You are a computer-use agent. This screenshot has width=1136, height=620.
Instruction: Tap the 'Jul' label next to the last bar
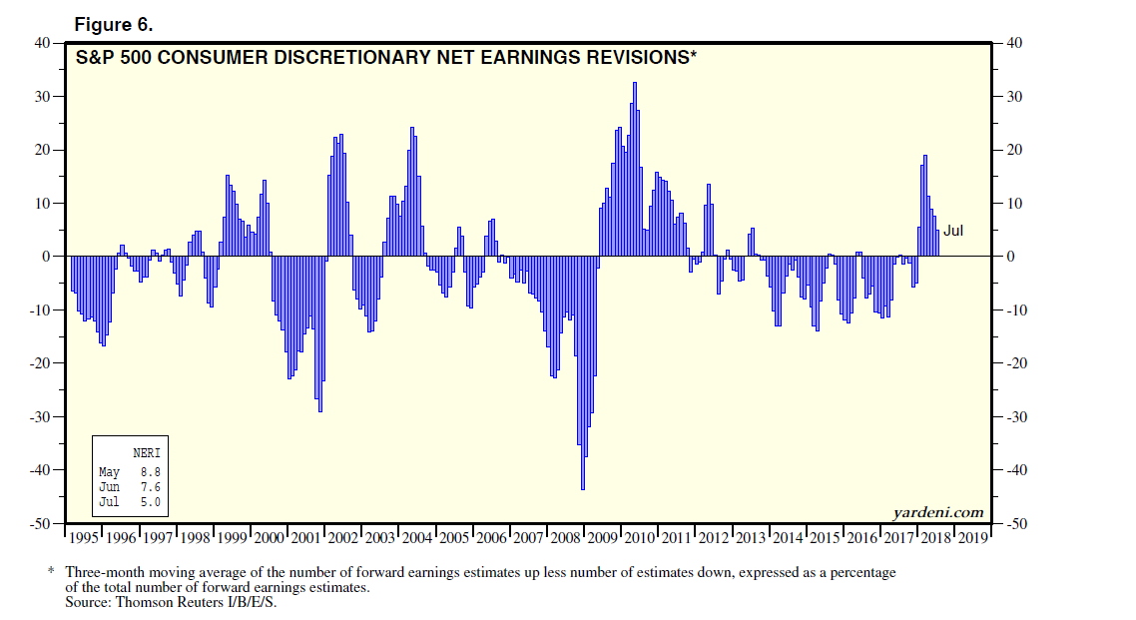point(953,231)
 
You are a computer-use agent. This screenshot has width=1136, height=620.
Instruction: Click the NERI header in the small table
point(146,453)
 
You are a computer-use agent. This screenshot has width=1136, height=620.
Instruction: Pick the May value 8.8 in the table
point(151,471)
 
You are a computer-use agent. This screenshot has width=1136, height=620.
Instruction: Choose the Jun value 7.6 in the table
point(151,486)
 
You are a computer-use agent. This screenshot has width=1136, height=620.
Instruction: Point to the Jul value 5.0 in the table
point(151,501)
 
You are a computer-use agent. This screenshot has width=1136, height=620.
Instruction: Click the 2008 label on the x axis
point(565,537)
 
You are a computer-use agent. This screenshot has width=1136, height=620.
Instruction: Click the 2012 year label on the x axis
point(713,537)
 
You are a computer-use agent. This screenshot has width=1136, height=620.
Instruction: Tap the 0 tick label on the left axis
point(46,257)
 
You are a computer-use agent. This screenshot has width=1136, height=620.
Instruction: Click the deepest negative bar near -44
point(583,459)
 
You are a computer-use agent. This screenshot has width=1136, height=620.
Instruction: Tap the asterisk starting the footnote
point(51,572)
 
